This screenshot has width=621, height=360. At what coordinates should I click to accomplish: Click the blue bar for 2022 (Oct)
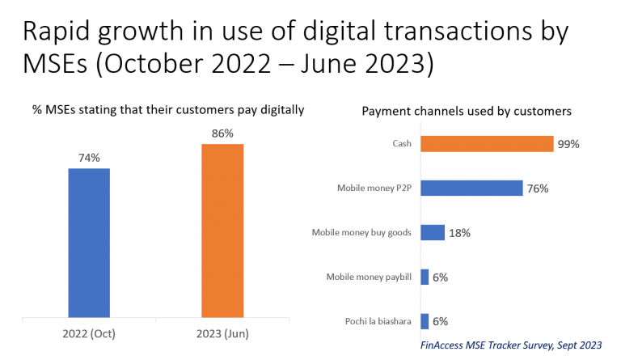coord(89,243)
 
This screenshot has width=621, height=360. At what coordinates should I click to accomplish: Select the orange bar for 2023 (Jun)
coord(222,231)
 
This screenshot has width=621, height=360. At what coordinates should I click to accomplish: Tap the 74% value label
coord(89,158)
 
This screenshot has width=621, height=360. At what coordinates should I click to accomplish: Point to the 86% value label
coord(222,133)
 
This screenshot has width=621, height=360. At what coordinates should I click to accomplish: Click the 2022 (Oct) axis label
coord(89,334)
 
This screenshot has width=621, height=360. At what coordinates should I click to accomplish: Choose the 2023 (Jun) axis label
coord(222,334)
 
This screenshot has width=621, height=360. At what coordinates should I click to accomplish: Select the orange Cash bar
coord(487,144)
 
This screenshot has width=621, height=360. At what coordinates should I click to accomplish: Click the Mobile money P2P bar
coord(471,188)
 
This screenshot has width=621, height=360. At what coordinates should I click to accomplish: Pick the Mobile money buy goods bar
coord(433,232)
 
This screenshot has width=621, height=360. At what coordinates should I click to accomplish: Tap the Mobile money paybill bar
coord(425,277)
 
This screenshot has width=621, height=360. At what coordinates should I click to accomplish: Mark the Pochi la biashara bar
coord(425,321)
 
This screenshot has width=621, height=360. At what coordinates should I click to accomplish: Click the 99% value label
coord(568,144)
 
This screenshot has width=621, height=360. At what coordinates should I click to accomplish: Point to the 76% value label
coord(538,188)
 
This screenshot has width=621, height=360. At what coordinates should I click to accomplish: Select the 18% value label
coord(459,233)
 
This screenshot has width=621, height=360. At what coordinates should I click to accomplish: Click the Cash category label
coord(402,143)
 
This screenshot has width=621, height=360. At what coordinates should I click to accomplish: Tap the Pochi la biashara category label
coord(378,321)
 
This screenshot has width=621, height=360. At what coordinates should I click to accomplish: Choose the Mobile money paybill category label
coord(369,277)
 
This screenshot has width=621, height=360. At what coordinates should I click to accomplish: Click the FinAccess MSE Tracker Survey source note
coord(511,345)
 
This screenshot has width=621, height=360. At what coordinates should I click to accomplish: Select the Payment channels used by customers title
coord(467,112)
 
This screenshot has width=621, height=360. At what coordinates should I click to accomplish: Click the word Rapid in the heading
coord(58,32)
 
